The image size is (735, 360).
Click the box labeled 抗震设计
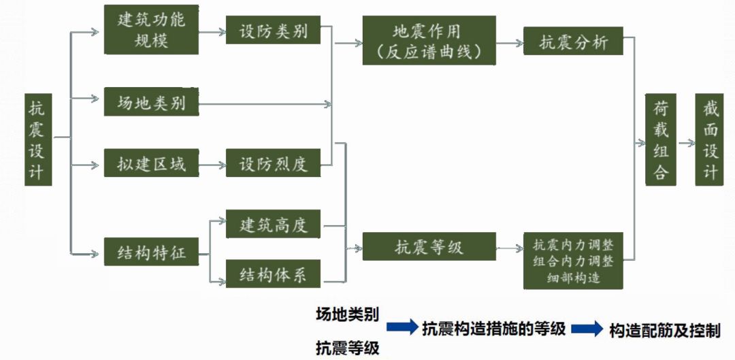point(38,140)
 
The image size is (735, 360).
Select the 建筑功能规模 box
point(151,30)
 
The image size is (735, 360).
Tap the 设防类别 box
point(273,31)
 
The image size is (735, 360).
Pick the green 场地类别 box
point(151,103)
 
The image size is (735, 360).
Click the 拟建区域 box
point(151,164)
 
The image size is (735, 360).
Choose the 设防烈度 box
point(273,164)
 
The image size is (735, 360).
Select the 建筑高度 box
point(273,225)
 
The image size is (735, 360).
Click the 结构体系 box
point(273,274)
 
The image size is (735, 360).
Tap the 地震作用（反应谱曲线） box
point(428,41)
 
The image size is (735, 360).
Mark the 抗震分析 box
point(574,42)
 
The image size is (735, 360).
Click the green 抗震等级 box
point(428,246)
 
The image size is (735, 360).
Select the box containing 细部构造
point(574,260)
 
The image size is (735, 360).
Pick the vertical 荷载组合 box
point(661,140)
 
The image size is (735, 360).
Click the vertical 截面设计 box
point(710,140)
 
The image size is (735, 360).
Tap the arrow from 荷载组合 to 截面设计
point(686,143)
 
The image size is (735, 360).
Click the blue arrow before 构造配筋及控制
point(587,329)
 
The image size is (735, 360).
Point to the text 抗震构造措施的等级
point(493,329)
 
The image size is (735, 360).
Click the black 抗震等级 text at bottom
point(347,348)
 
